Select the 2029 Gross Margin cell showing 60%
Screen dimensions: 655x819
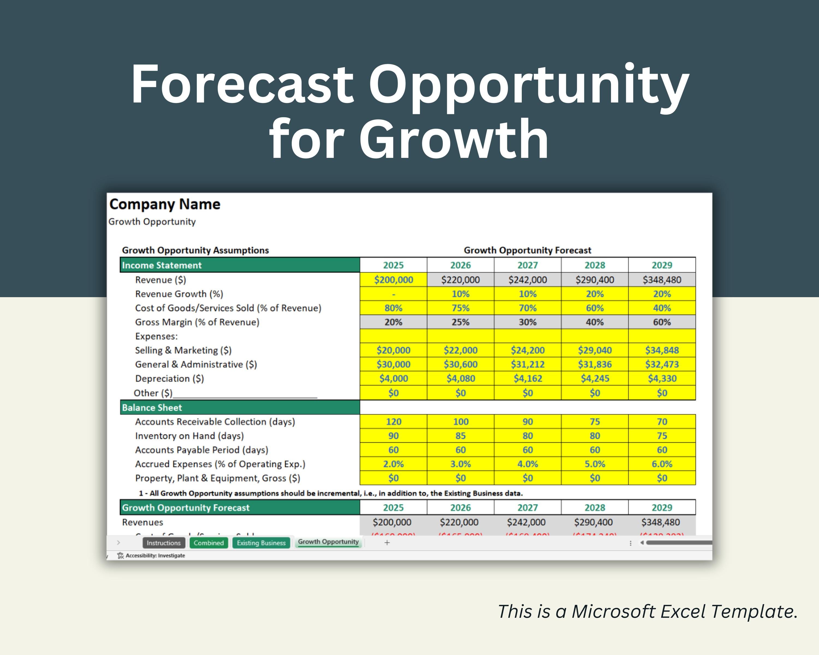662,322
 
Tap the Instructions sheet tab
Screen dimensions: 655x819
164,543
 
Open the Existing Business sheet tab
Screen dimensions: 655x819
261,543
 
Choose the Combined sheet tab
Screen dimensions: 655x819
209,543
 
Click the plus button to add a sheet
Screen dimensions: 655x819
387,543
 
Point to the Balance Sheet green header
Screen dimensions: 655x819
239,407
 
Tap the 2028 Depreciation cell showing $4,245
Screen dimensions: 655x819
595,378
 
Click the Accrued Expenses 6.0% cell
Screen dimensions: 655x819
662,464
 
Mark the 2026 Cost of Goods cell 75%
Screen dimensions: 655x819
460,308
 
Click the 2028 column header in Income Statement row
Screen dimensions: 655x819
595,265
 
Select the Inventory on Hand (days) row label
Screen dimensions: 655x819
189,436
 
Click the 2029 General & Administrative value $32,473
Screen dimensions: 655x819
662,364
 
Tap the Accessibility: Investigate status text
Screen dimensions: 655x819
155,555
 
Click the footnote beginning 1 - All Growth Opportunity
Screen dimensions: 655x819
331,493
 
